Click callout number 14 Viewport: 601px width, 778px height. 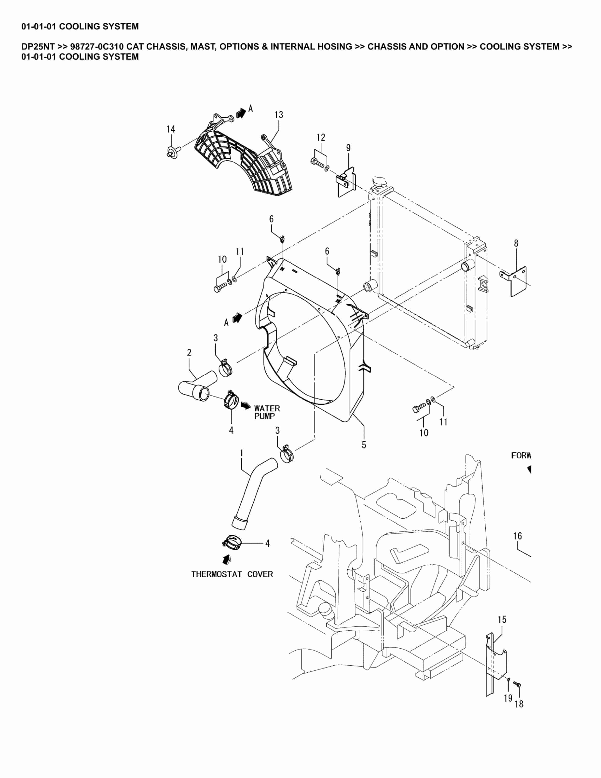tap(171, 129)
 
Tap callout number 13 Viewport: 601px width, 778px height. tap(279, 115)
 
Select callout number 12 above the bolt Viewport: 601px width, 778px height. tap(321, 138)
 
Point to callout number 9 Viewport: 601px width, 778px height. tap(348, 148)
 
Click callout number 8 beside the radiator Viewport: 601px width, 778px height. tap(516, 243)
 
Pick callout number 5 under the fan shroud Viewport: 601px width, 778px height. tap(364, 445)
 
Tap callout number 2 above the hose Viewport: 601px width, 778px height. tap(189, 353)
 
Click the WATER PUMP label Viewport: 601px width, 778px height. tap(267, 412)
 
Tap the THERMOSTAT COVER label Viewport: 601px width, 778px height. tap(232, 574)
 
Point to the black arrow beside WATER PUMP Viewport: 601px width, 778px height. tap(246, 406)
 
